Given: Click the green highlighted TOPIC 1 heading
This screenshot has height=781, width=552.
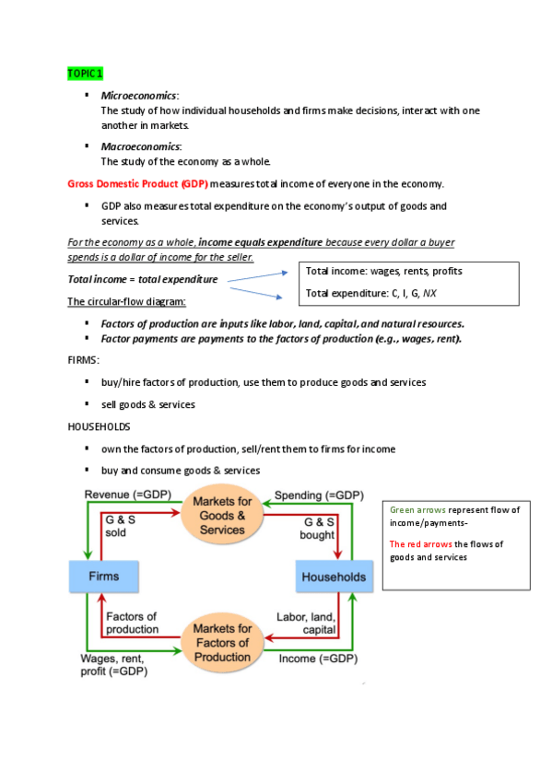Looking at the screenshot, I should coord(86,73).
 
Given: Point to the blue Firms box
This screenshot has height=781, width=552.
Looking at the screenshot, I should coord(102,577).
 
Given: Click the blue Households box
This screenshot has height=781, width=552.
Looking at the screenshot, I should coord(333,577).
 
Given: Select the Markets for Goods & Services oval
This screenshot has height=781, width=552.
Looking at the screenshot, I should coord(222,515).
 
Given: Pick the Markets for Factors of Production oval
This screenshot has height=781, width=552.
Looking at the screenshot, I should coord(222,642).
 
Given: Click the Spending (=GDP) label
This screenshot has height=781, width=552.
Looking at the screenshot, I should coord(318,495).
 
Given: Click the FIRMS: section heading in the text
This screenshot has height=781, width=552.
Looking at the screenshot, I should coord(84,360).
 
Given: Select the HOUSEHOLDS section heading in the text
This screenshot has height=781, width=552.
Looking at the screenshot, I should coord(100,426).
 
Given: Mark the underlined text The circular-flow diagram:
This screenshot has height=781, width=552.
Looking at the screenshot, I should coord(127,302).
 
